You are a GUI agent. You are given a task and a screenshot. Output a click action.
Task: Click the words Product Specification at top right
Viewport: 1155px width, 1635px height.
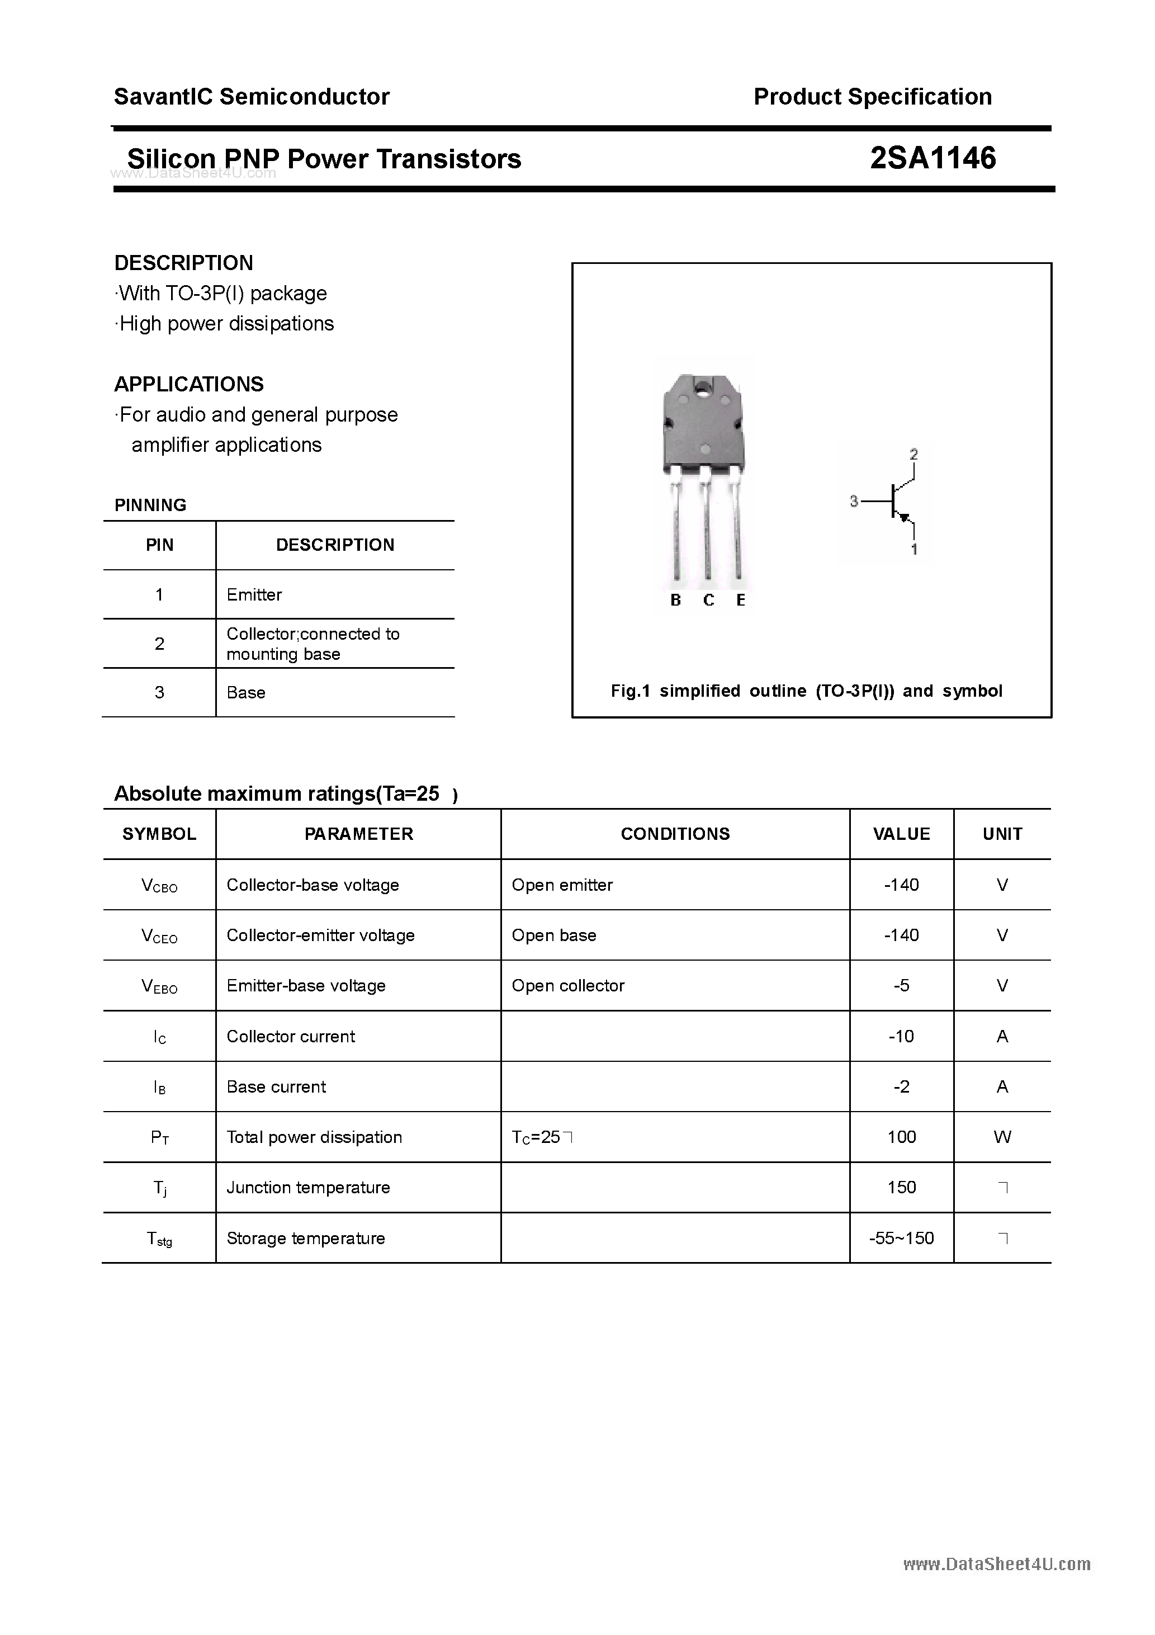pos(872,97)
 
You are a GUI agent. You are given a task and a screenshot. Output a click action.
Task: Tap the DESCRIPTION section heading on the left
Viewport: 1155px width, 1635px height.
pos(184,263)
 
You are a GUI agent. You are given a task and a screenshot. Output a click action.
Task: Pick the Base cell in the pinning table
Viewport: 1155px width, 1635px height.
pos(245,692)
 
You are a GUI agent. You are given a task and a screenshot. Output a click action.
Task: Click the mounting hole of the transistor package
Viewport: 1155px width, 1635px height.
pos(703,389)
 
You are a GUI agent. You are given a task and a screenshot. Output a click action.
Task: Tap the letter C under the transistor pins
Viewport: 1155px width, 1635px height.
pos(708,601)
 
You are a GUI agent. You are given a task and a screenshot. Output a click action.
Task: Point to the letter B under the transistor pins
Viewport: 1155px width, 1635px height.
pos(676,601)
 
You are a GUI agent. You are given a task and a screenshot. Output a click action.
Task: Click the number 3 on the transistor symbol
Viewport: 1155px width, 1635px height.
pos(854,502)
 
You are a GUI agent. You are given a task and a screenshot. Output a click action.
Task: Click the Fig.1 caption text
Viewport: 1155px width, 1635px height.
pos(806,691)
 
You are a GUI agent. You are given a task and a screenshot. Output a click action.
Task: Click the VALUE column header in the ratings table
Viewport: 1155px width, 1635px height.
pos(902,834)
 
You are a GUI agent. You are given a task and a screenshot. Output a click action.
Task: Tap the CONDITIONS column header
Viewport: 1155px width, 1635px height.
pos(675,834)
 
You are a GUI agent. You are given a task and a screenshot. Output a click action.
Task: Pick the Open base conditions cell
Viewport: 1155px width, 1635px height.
pos(554,935)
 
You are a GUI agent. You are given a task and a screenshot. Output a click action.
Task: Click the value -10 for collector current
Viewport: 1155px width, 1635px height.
pos(902,1036)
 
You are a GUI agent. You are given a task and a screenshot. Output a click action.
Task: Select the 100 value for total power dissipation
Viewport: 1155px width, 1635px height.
pos(902,1137)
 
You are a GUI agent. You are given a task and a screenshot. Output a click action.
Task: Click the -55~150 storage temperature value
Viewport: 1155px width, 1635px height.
pos(902,1239)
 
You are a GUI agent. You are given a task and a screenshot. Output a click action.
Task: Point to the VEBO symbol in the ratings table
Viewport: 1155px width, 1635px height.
pos(159,986)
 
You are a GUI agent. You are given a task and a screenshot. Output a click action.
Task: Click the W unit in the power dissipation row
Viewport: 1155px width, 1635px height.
pos(1002,1137)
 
